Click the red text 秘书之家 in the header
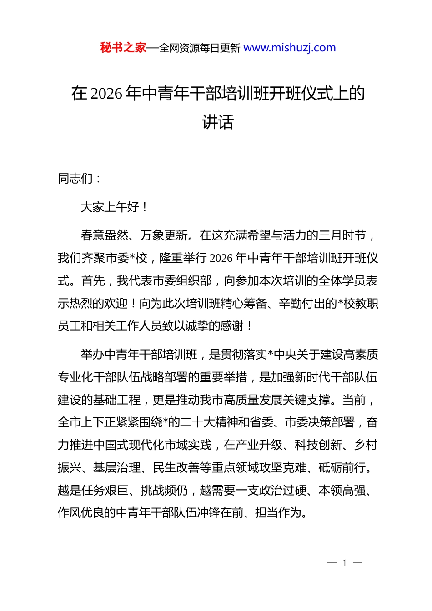click(123, 48)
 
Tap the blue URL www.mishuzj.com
click(290, 48)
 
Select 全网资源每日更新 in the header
click(200, 48)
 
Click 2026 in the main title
click(107, 94)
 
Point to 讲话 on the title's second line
click(218, 122)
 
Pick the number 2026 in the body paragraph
click(221, 258)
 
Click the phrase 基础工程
click(116, 400)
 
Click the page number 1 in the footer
click(345, 563)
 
